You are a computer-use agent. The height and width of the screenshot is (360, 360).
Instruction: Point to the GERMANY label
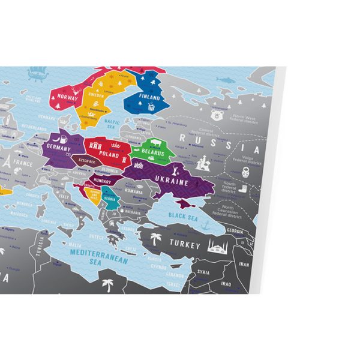[58, 148]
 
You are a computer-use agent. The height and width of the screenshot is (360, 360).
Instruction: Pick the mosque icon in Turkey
[216, 245]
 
